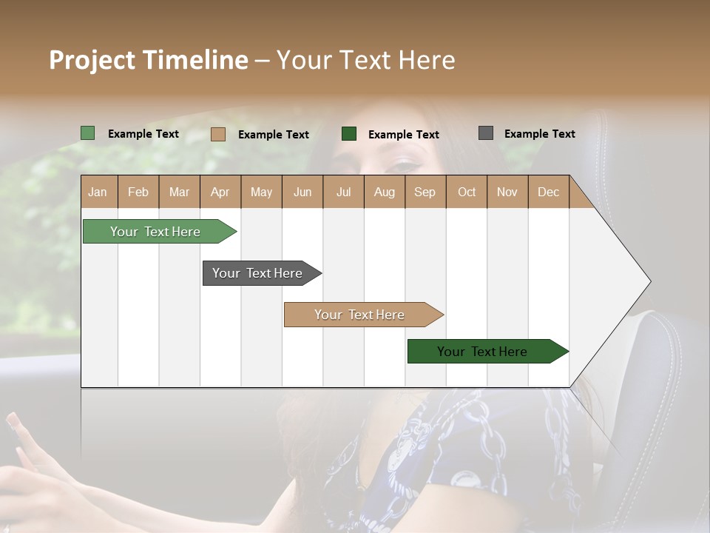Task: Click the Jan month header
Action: coord(98,192)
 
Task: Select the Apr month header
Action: coord(220,192)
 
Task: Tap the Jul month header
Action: coord(343,192)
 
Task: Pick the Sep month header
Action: coord(425,192)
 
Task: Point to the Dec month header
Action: coord(548,192)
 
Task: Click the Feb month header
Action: coord(138,192)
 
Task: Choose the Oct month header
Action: coord(467,192)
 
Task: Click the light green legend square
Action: coord(88,133)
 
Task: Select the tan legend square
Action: coord(218,134)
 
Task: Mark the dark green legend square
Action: coord(349,134)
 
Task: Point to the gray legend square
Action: coord(486,133)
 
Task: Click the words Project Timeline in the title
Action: coord(149,60)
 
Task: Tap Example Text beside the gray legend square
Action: coord(539,134)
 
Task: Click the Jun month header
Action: coord(302,192)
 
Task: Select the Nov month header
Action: coord(507,192)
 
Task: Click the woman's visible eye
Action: coord(405,165)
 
